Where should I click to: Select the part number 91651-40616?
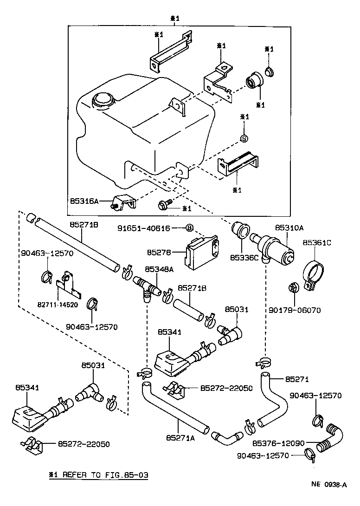(144, 228)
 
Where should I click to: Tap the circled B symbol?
(189, 228)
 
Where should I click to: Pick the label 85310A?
(289, 228)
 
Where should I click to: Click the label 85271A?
(180, 437)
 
